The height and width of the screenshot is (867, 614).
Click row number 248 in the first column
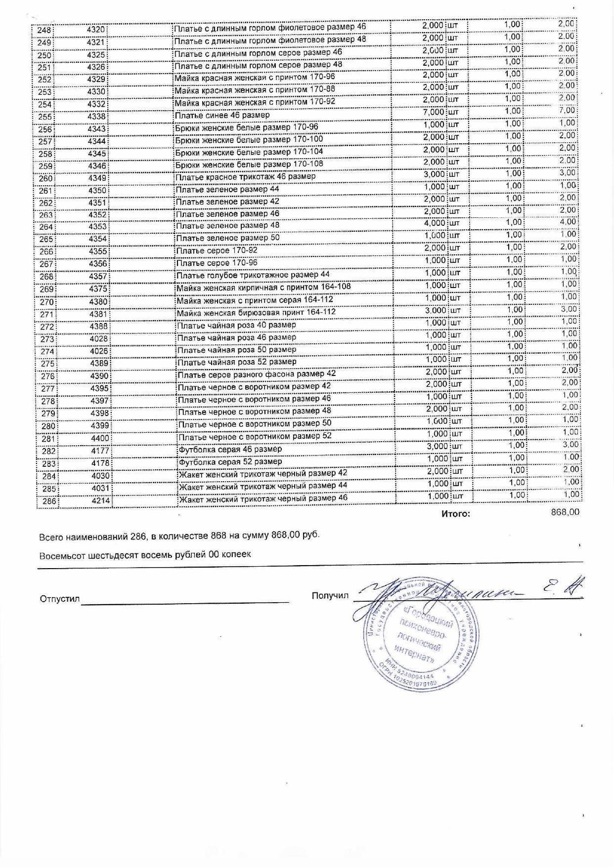click(44, 30)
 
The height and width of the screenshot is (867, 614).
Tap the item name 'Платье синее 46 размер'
click(222, 115)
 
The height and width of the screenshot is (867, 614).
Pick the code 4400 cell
click(99, 438)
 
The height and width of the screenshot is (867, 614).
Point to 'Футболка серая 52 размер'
click(230, 461)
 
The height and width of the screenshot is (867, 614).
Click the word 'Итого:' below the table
click(455, 514)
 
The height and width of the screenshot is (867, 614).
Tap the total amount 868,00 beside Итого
click(565, 512)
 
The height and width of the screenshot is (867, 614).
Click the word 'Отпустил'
click(59, 599)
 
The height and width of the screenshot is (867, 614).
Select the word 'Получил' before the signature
click(330, 595)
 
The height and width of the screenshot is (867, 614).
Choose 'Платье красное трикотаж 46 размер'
click(245, 176)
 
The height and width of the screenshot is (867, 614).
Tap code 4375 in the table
click(98, 289)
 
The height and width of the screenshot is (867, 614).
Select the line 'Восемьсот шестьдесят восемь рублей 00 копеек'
click(145, 554)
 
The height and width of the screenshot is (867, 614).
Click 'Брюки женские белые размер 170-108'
click(249, 164)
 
